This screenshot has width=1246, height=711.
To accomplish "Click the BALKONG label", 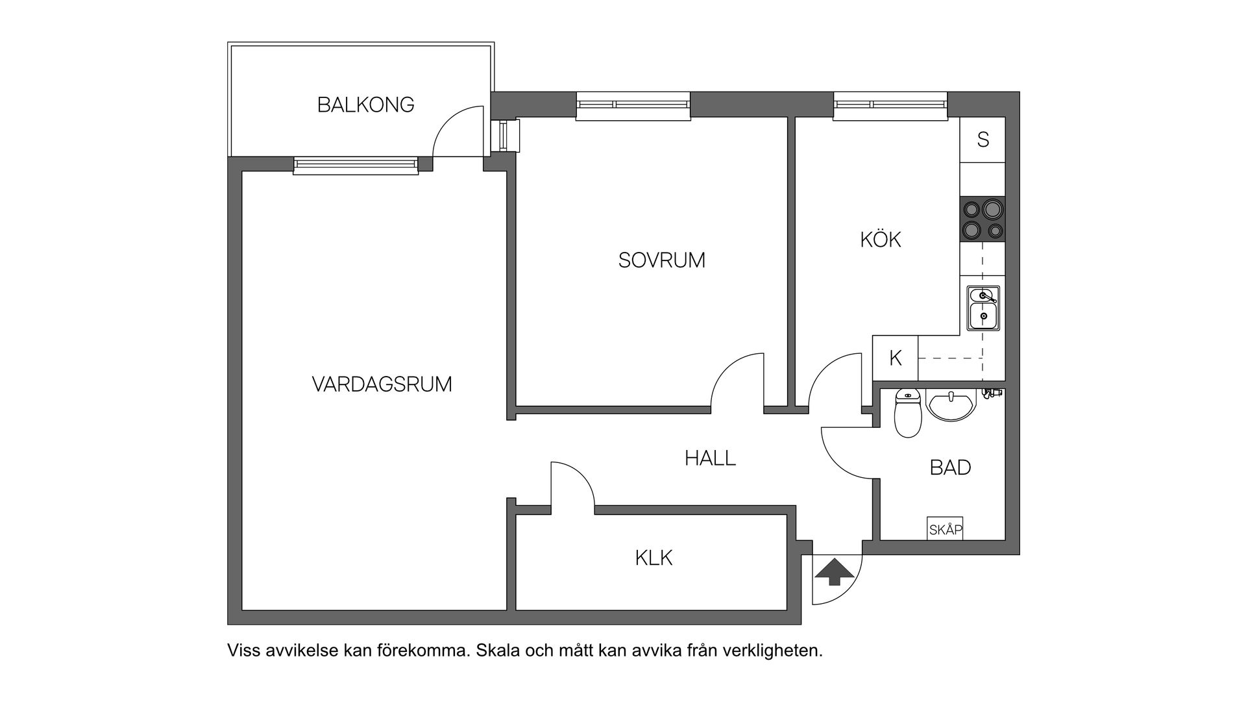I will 365,105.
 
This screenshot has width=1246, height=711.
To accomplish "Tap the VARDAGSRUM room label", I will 382,384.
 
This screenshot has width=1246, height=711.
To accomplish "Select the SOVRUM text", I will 661,260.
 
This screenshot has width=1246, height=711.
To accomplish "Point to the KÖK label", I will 881,240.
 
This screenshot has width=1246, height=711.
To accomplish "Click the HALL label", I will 710,458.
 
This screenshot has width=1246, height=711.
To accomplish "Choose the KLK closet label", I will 654,558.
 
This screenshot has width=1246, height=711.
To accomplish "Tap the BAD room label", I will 950,468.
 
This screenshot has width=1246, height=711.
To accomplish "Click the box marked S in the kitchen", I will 983,140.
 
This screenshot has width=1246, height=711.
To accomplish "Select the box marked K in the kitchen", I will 896,358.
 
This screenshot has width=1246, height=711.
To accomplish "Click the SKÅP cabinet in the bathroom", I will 945,530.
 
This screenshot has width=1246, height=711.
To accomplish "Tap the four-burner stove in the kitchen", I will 983,219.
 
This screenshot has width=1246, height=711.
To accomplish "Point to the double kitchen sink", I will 983,308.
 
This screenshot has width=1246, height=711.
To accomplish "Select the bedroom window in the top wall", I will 633,106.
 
